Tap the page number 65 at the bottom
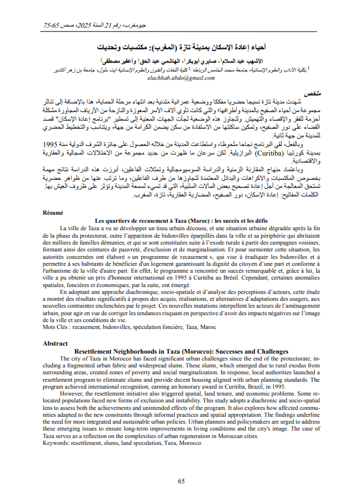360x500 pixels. coord(181,481)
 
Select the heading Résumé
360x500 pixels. coord(54,213)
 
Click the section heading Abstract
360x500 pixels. coord(55,343)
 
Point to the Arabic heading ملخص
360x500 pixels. coord(310,92)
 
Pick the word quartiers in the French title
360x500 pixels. coord(120,220)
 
